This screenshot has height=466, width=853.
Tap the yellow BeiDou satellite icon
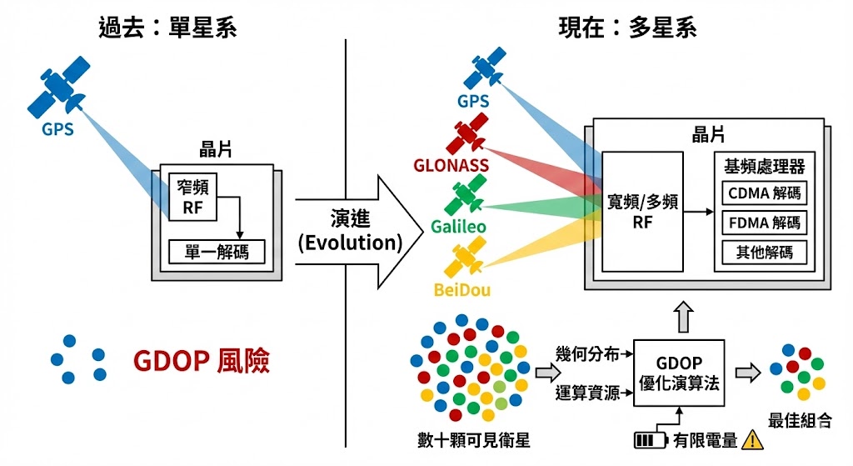(x=466, y=258)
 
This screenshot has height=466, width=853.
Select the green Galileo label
(x=459, y=226)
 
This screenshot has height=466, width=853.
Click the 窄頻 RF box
(x=192, y=198)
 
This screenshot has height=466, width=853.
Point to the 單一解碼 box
(x=217, y=250)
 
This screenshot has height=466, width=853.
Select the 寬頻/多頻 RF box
(x=642, y=210)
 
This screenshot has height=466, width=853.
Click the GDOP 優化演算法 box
(x=680, y=373)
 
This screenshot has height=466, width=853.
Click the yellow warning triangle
(x=753, y=439)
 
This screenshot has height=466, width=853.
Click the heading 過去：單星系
(x=167, y=28)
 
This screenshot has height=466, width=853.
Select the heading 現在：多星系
(x=627, y=28)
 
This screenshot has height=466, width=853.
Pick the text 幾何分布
(x=588, y=354)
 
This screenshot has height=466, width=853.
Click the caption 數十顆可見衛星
(x=474, y=439)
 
